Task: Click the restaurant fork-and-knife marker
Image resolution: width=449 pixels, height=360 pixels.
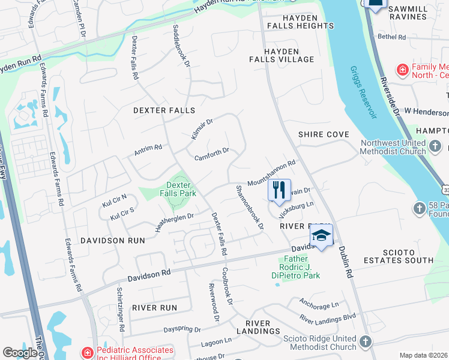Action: (279, 190)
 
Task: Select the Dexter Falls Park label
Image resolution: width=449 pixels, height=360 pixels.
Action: (178, 189)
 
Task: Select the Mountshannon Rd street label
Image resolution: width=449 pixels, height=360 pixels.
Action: (273, 173)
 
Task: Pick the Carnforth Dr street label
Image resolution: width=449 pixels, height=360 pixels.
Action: (212, 154)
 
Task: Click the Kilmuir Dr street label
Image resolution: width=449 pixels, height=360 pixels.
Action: (202, 129)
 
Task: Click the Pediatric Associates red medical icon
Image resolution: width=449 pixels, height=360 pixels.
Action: (88, 352)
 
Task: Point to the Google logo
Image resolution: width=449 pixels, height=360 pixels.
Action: (20, 353)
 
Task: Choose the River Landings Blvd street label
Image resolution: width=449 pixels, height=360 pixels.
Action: (328, 319)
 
